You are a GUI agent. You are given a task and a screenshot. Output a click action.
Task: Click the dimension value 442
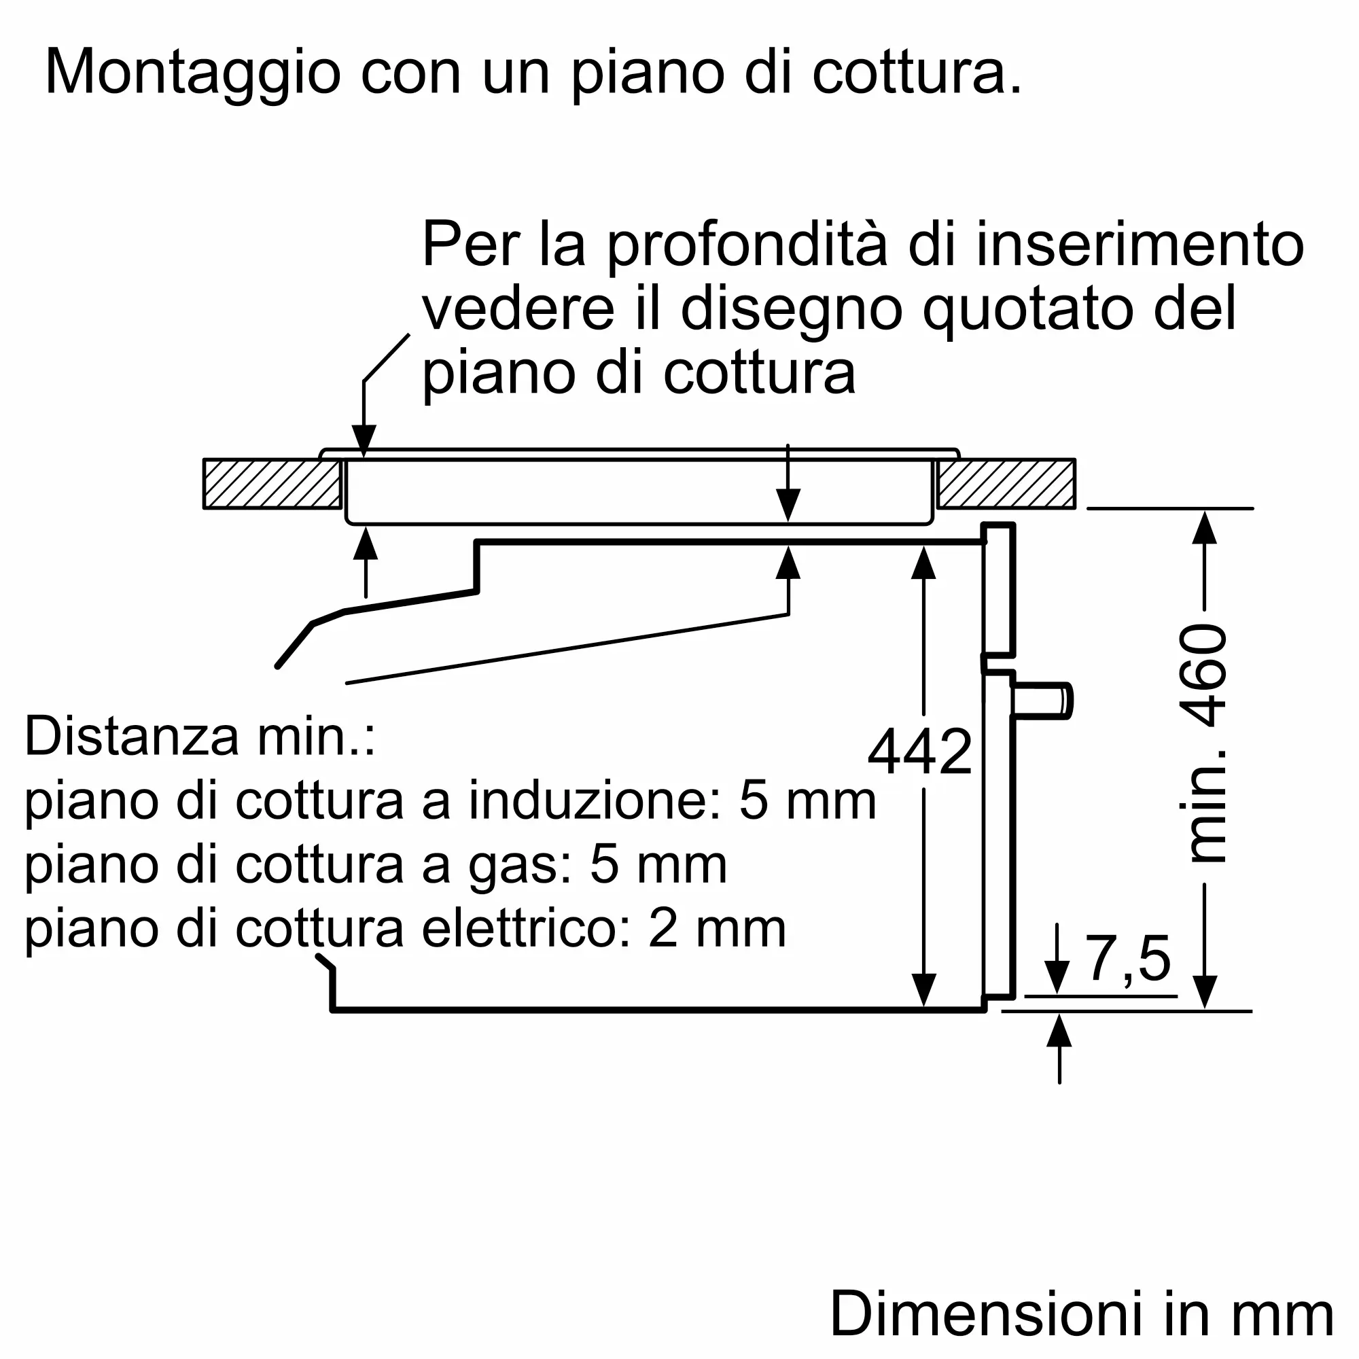pyautogui.click(x=919, y=753)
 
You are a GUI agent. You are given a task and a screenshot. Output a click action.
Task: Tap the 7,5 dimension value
pyautogui.click(x=1128, y=958)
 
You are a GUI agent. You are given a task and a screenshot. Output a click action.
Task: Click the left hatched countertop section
pyautogui.click(x=272, y=484)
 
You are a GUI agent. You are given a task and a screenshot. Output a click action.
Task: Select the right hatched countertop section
pyautogui.click(x=1006, y=484)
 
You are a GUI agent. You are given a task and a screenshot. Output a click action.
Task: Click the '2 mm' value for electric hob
pyautogui.click(x=717, y=928)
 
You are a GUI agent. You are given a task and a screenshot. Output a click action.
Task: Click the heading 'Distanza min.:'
pyautogui.click(x=200, y=737)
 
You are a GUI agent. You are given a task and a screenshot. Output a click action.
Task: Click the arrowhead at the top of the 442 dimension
pyautogui.click(x=923, y=563)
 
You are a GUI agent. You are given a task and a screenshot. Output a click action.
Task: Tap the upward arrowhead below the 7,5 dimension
pyautogui.click(x=1059, y=1032)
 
